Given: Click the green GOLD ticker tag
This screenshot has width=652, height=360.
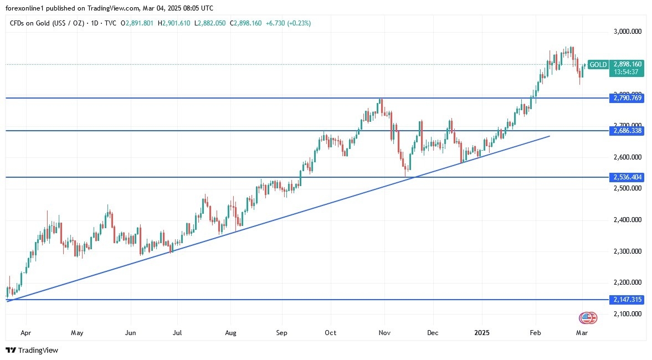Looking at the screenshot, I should tap(598, 65).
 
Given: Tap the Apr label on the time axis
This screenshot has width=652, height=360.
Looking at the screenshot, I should tap(25, 333).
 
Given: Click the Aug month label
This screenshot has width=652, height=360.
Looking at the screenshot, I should tap(231, 333).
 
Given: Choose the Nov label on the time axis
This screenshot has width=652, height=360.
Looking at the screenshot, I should tap(384, 333).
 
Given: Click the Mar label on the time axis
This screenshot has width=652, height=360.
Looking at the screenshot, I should tap(582, 333).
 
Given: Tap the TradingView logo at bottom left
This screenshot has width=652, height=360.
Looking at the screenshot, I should tap(32, 350).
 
